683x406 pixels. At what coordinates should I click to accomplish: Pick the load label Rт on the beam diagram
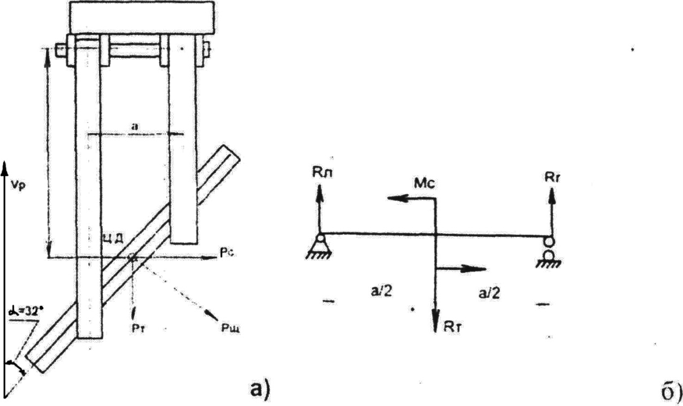453,327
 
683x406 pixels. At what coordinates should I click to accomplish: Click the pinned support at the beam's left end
320,246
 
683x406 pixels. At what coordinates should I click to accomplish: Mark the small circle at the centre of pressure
132,258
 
